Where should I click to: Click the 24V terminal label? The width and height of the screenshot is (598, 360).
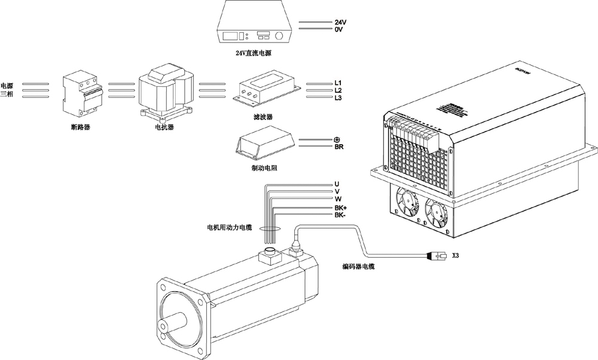(x=340, y=22)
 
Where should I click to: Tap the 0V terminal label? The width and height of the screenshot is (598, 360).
(x=338, y=29)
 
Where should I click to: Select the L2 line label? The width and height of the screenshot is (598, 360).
(x=338, y=90)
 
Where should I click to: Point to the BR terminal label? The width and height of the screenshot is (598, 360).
(x=338, y=147)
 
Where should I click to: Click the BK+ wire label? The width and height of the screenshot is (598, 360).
(x=341, y=208)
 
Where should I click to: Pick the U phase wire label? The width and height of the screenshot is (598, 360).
(x=337, y=184)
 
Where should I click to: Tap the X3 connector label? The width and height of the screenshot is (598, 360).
(x=456, y=255)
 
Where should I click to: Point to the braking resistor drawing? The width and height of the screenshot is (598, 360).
(x=264, y=143)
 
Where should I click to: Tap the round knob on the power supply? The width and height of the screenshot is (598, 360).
(x=279, y=36)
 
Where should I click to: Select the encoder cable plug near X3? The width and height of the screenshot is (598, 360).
(x=436, y=256)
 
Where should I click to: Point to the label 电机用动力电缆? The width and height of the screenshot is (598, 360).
(x=229, y=228)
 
